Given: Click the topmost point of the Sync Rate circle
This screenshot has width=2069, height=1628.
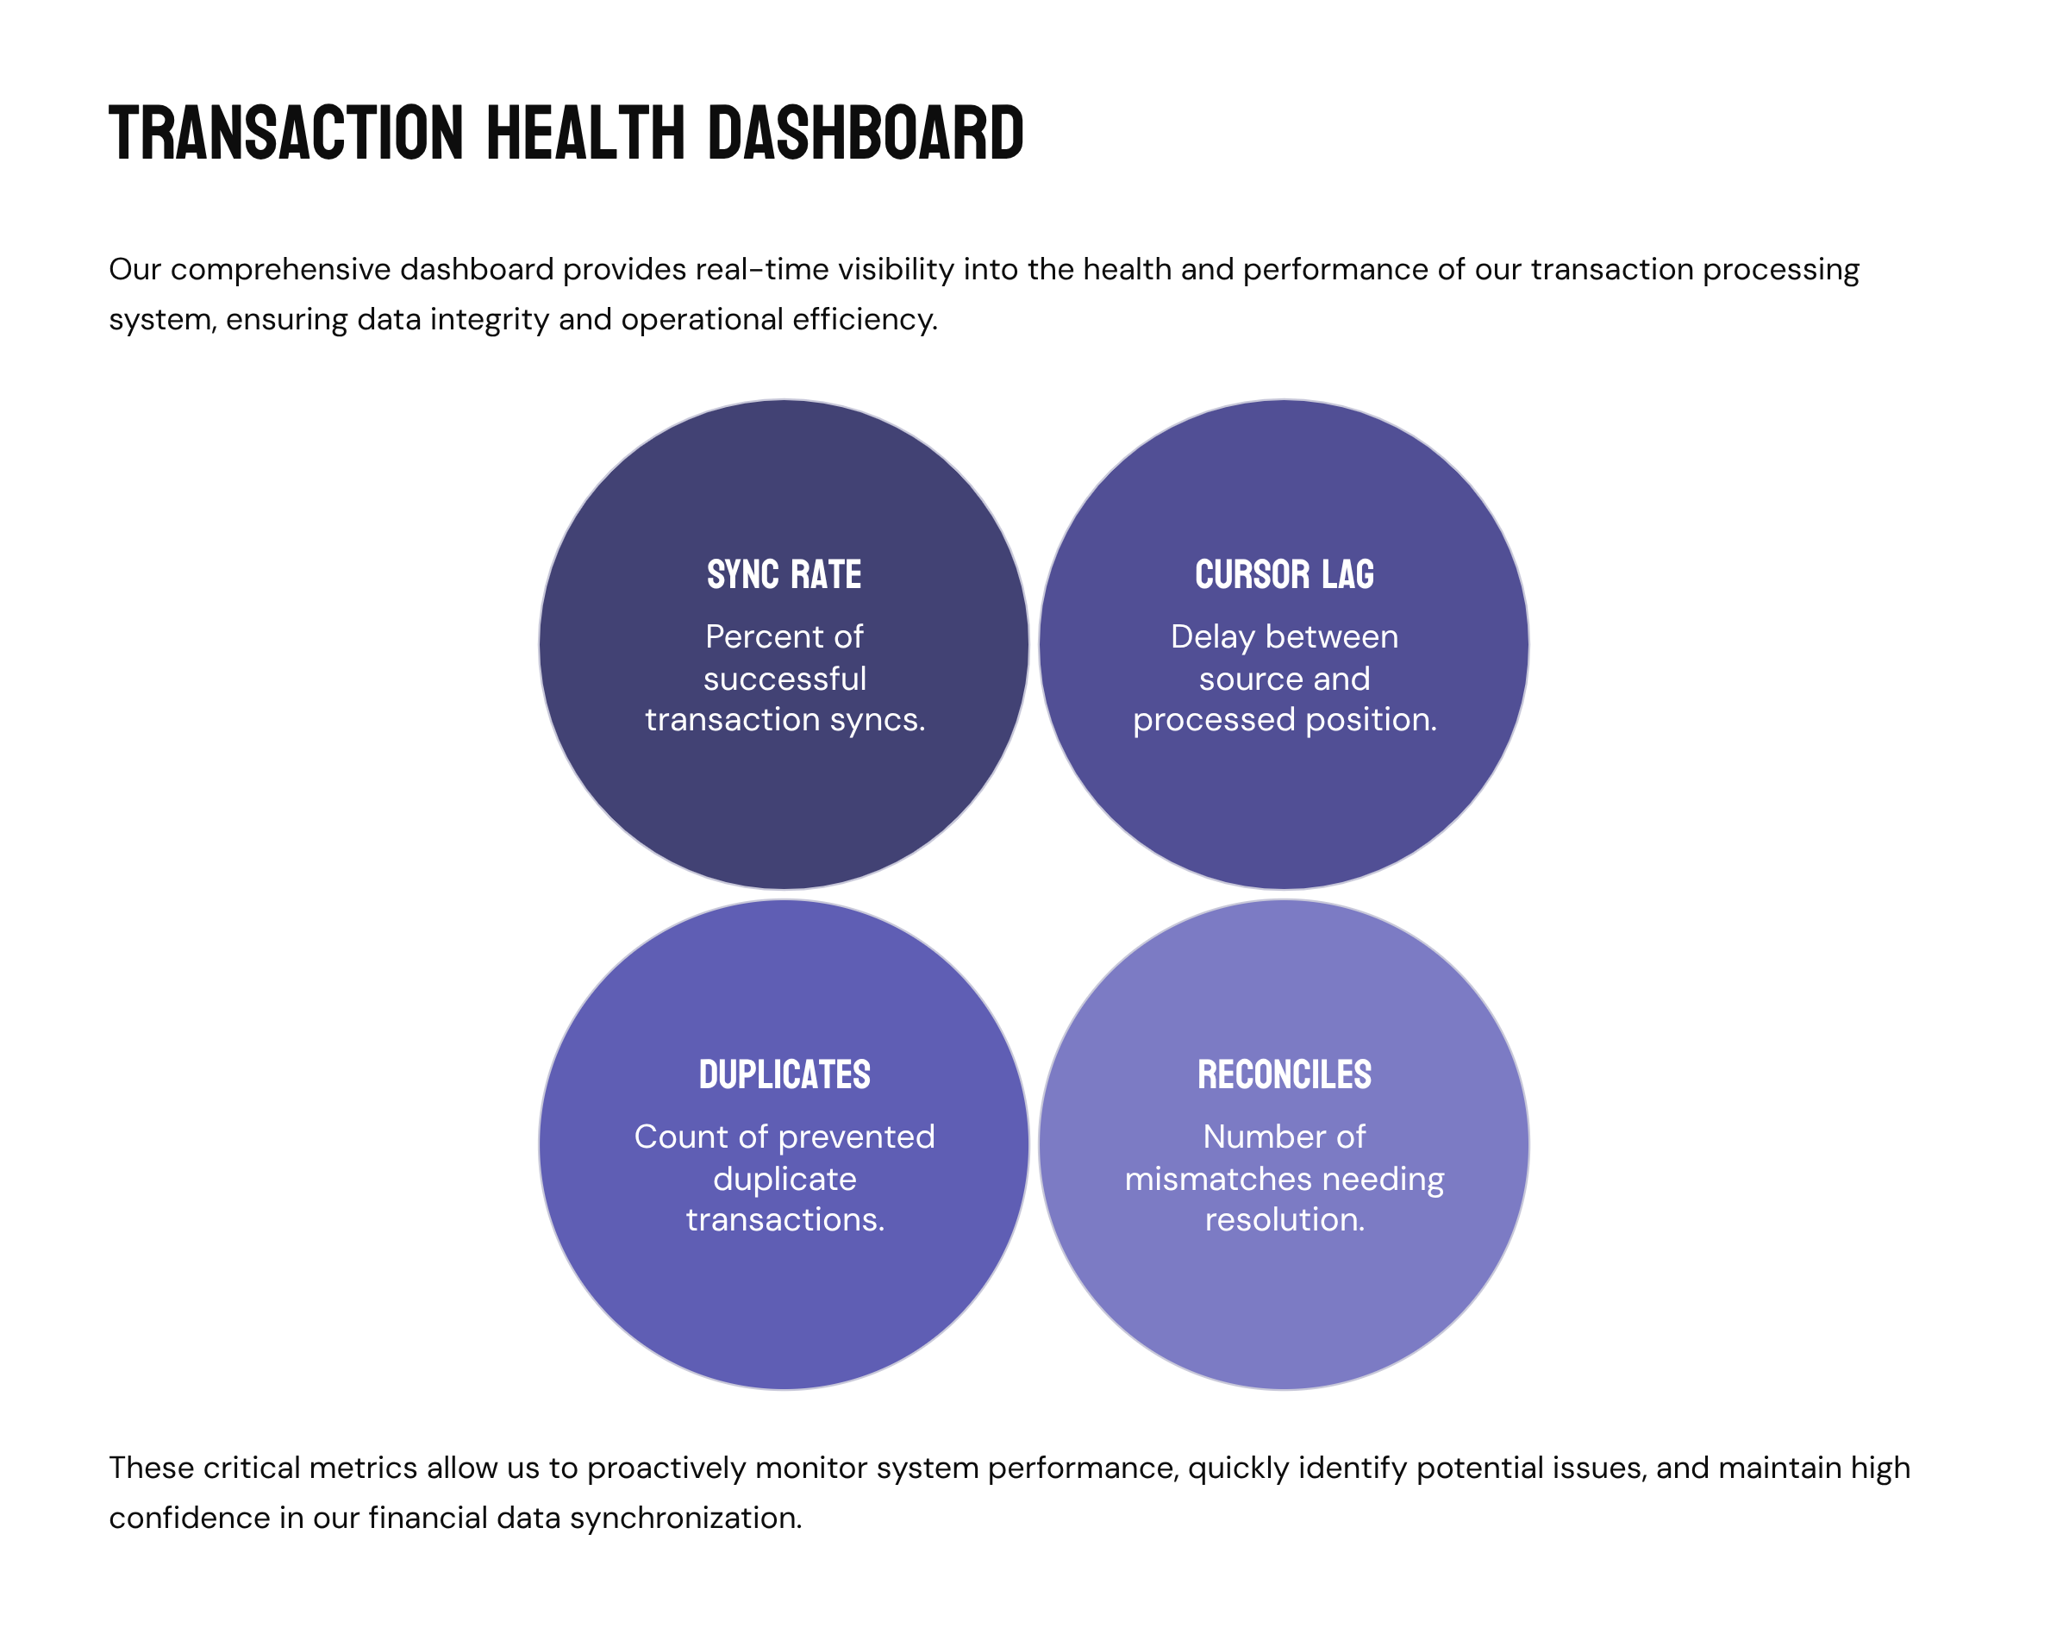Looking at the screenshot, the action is coord(784,399).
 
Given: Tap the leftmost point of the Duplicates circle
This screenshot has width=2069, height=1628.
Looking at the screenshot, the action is coord(539,1145).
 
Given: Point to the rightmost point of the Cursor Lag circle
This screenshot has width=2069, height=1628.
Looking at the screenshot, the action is coord(1529,645).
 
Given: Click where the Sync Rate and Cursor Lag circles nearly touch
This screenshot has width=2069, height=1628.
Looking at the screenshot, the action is coord(1034,645).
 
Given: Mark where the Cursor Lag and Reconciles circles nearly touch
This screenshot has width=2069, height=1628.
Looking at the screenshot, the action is coord(1284,895).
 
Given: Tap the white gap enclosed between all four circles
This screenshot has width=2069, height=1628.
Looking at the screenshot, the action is coord(1034,895).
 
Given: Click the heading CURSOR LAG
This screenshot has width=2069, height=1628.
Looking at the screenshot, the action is coord(1284,575).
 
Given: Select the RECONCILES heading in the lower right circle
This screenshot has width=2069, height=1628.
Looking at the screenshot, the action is coord(1284,1074).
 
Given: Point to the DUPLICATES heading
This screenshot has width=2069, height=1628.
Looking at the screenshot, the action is coord(784,1074).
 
